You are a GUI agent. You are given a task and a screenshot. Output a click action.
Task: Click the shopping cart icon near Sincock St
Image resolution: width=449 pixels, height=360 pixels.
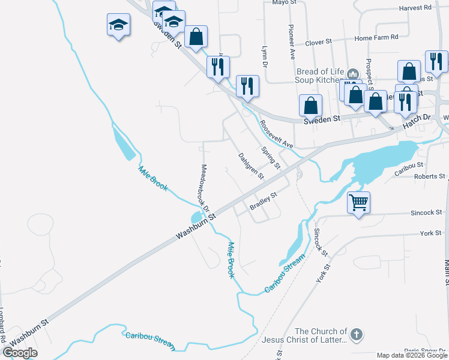[x=358, y=202]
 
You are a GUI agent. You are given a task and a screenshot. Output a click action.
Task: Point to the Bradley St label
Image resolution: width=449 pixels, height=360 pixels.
[x=264, y=201]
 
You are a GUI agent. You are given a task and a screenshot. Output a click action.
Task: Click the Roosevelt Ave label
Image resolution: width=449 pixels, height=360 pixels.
[x=276, y=136]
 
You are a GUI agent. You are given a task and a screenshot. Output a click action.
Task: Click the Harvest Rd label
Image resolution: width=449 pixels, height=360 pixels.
[x=415, y=8]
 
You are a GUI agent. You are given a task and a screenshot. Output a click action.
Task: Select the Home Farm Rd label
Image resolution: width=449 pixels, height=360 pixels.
[x=376, y=37]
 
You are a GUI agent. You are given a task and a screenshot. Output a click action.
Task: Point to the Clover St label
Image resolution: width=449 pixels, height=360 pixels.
[x=318, y=42]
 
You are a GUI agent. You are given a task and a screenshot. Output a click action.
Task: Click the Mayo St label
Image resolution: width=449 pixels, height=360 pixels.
[x=285, y=2]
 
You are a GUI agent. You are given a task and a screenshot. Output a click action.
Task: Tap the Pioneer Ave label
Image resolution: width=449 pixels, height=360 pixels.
[x=292, y=42]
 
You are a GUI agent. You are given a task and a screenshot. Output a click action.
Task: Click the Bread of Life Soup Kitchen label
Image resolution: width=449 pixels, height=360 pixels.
[x=318, y=75]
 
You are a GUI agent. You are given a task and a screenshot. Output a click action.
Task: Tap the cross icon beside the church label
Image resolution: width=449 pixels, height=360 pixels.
[x=357, y=335]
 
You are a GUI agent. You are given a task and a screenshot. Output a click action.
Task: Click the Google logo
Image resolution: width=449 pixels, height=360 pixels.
[x=20, y=353]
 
